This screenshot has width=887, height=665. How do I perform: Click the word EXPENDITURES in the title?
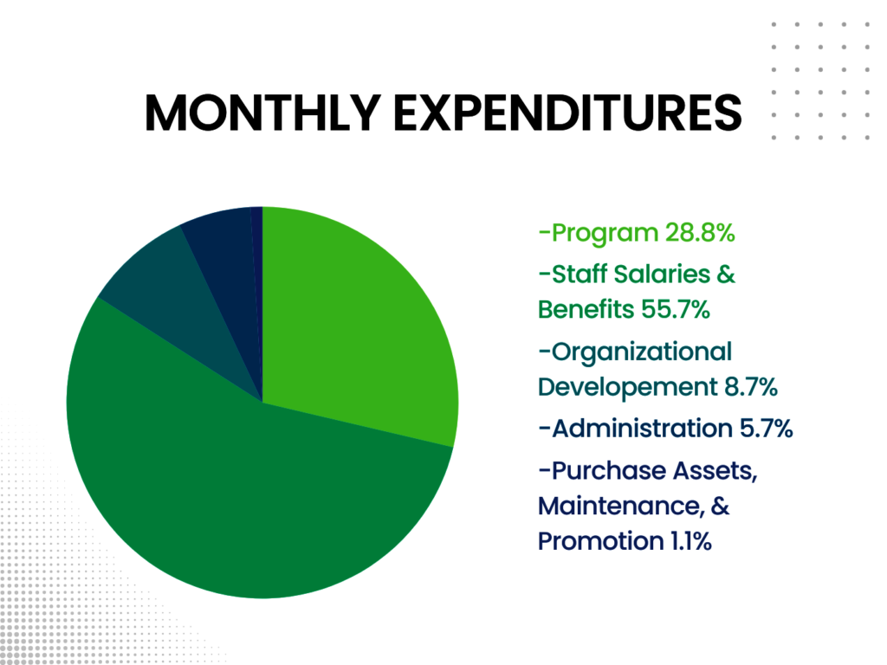pyautogui.click(x=567, y=113)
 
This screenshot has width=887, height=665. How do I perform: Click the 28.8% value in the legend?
pyautogui.click(x=700, y=232)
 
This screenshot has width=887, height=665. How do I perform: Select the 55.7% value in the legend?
pyautogui.click(x=676, y=309)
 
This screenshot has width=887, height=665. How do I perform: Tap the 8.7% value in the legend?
pyautogui.click(x=751, y=387)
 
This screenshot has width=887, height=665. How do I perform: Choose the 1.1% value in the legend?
pyautogui.click(x=690, y=541)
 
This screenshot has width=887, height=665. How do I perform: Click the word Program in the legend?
pyautogui.click(x=605, y=234)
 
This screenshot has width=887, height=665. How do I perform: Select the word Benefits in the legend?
pyautogui.click(x=586, y=309)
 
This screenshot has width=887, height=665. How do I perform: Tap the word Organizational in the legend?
pyautogui.click(x=642, y=352)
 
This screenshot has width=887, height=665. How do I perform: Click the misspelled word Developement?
pyautogui.click(x=628, y=388)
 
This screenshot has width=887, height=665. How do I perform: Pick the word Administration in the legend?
pyautogui.click(x=643, y=428)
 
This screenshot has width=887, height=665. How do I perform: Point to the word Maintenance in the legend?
pyautogui.click(x=621, y=506)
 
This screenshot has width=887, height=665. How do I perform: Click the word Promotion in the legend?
pyautogui.click(x=601, y=541)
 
